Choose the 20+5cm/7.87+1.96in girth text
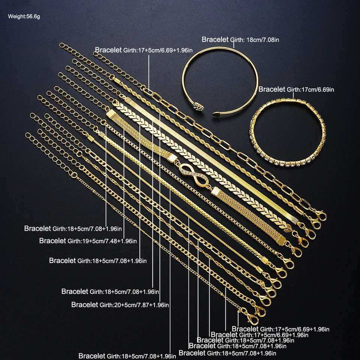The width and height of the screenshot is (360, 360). (x=134, y=305)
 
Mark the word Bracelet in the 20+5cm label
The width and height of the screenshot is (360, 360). (x=84, y=304)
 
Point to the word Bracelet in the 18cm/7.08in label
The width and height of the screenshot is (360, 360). (x=215, y=39)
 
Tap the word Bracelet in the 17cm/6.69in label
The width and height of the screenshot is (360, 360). (x=272, y=90)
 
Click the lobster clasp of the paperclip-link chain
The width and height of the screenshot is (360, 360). (x=320, y=215)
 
